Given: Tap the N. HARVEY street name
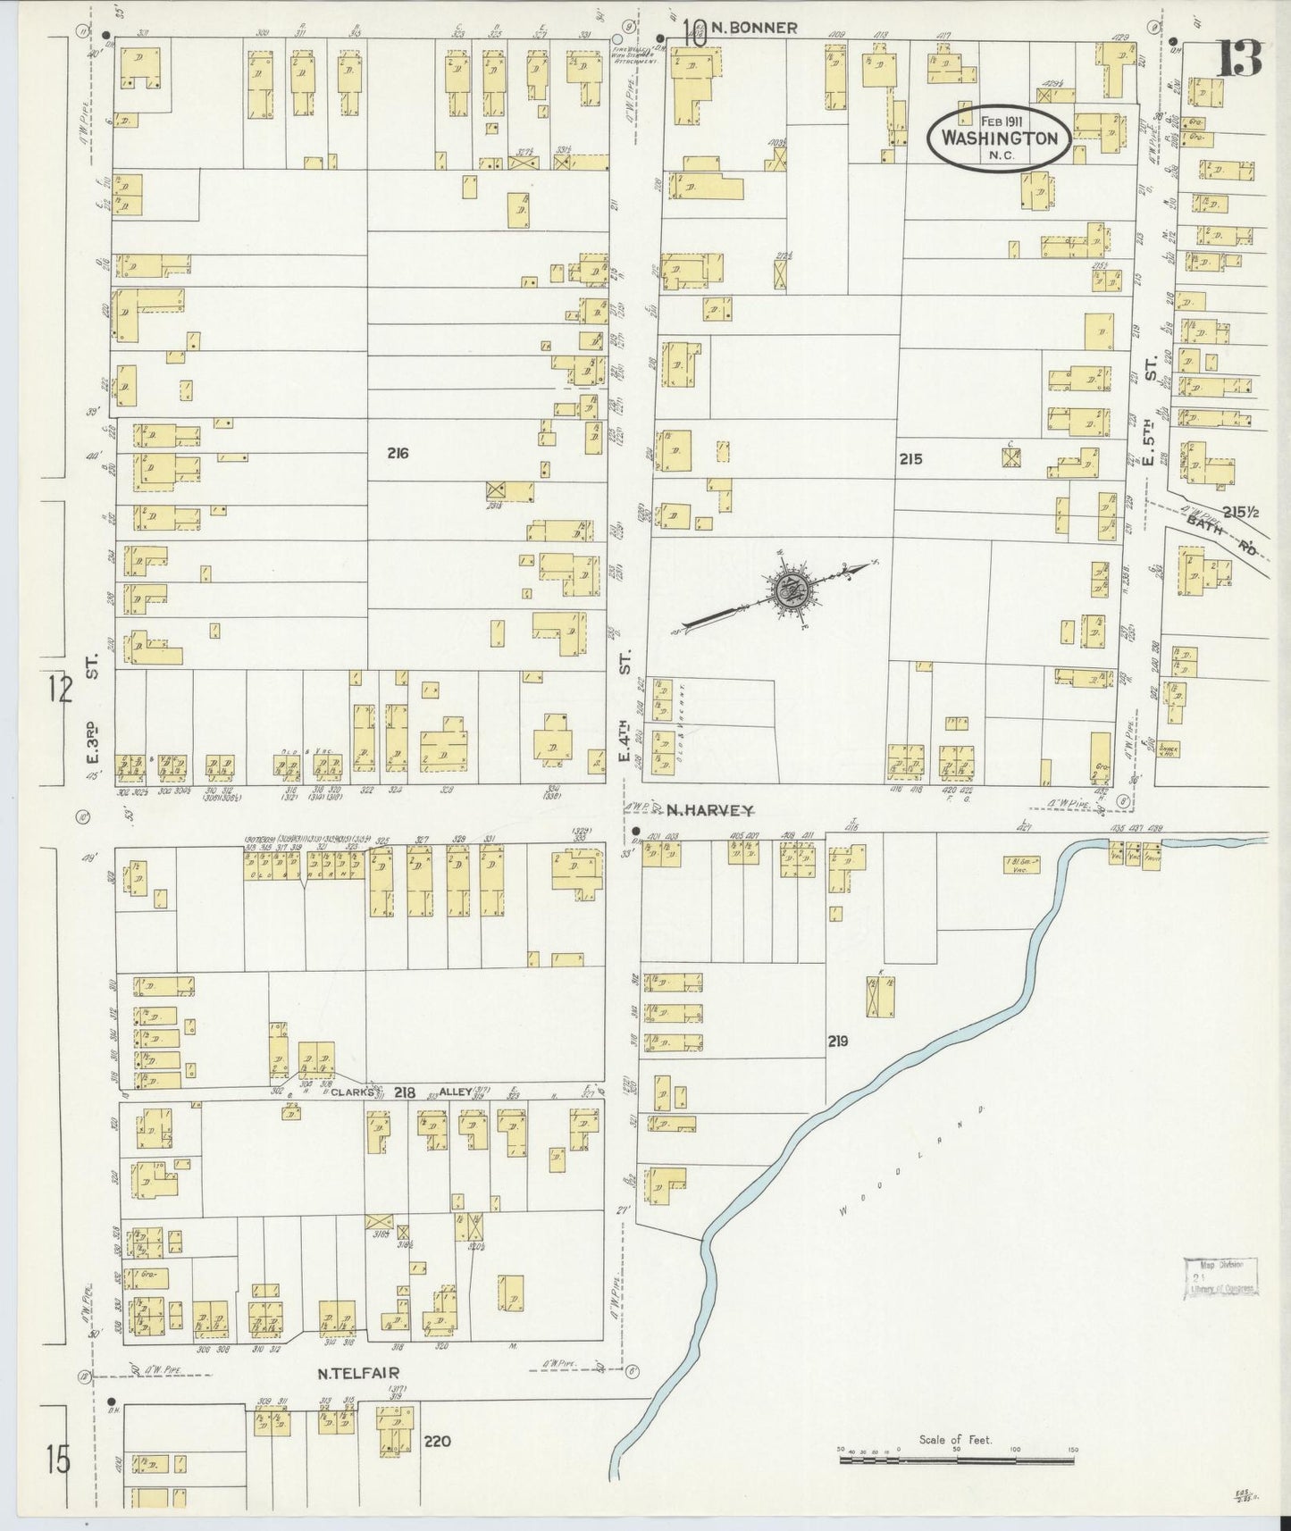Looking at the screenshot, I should tap(710, 810).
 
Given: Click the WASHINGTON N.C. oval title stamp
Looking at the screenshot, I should tap(998, 138).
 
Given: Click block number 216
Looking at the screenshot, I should tap(398, 454).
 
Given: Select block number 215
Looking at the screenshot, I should tap(910, 459).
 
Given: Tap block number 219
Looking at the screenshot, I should tap(837, 1041).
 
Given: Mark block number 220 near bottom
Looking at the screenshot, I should tap(438, 1440).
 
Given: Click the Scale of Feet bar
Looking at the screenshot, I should tap(955, 1461).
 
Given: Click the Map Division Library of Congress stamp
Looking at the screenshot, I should tap(1221, 1277).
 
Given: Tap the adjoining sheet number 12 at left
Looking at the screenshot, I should tap(61, 690).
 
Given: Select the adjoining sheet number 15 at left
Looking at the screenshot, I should tap(59, 1462).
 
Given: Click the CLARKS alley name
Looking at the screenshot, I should tap(350, 1092).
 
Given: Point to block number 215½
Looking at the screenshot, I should tap(1240, 512).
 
